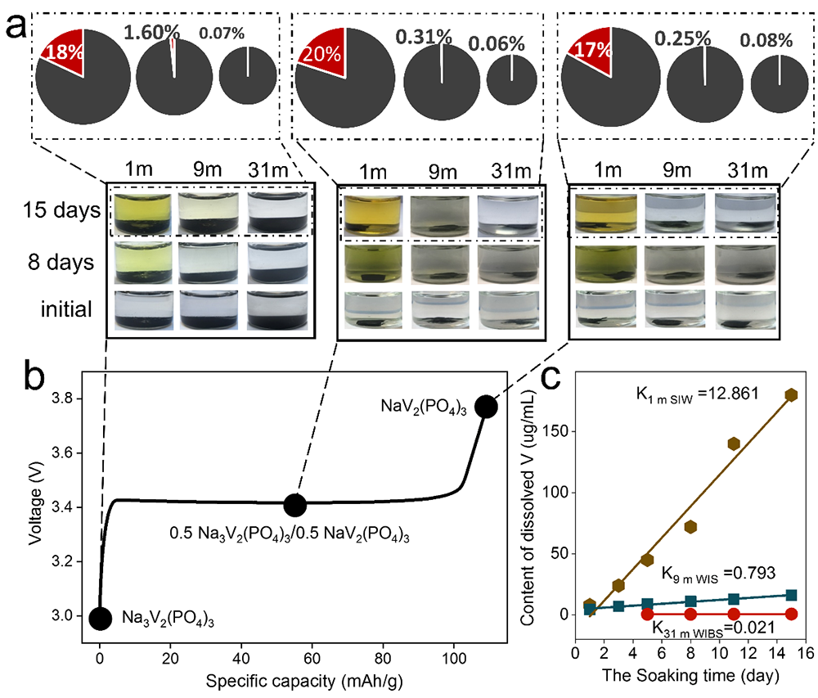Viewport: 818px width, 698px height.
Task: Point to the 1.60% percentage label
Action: click(151, 33)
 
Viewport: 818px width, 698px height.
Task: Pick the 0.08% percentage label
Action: click(767, 39)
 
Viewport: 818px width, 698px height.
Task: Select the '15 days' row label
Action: click(60, 211)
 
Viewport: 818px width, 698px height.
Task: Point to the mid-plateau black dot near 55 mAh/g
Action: click(294, 505)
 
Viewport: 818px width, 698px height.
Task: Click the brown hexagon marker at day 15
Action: click(791, 394)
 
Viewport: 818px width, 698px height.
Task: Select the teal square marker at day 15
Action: click(791, 595)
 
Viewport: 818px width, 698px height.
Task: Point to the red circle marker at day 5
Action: click(647, 614)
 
